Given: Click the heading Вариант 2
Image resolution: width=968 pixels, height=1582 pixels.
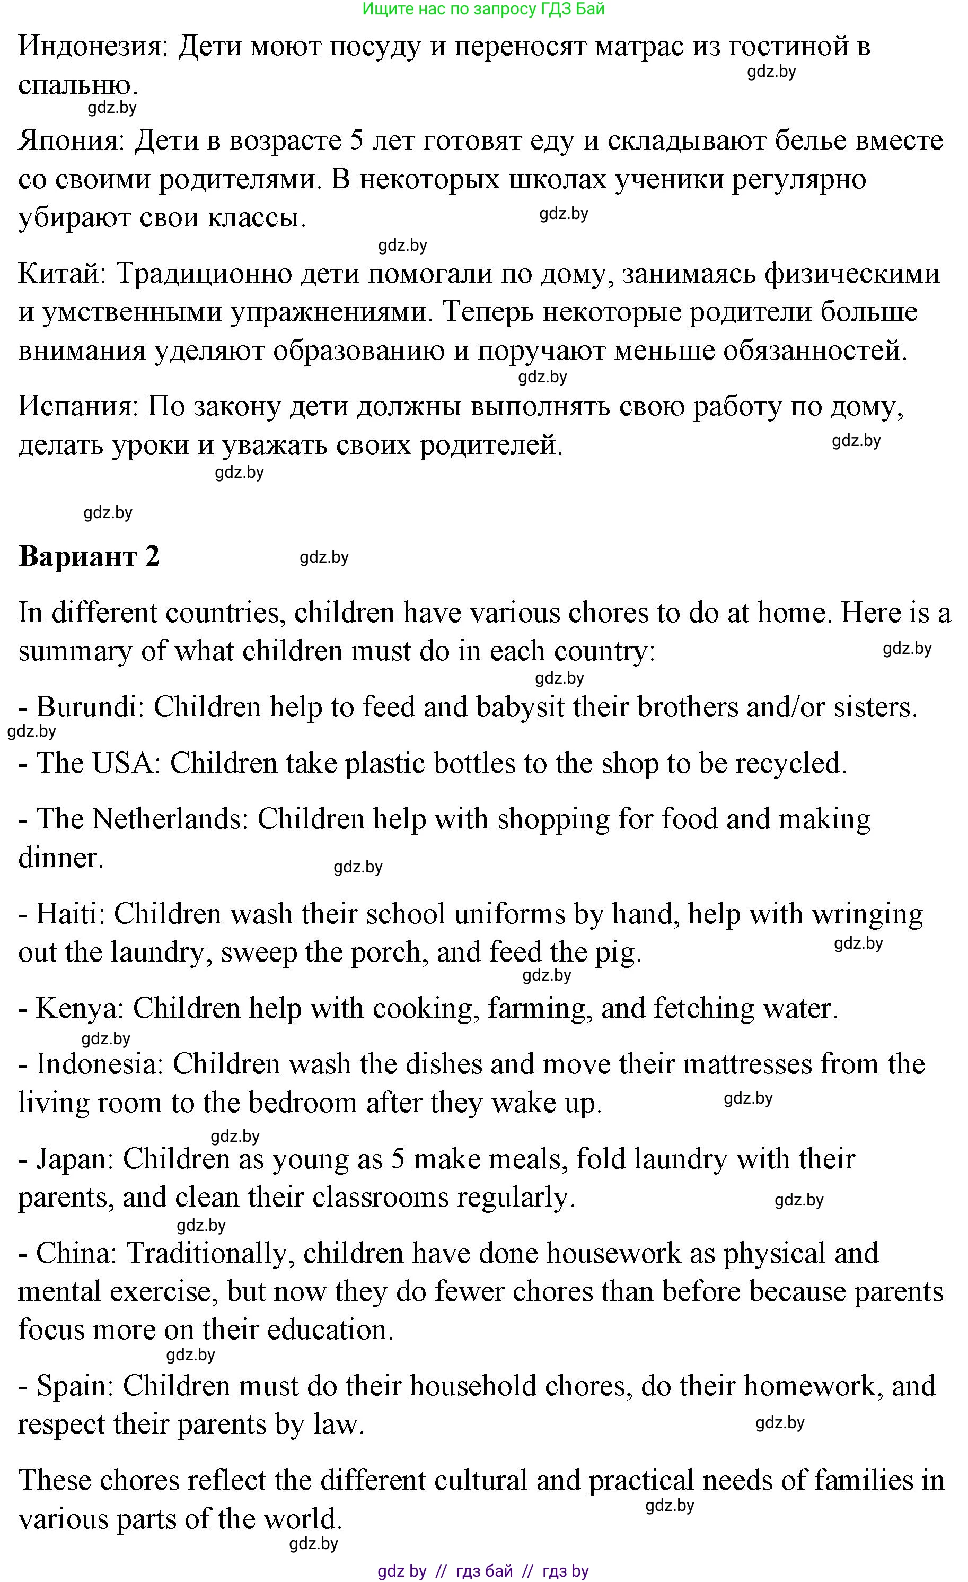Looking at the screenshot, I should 89,556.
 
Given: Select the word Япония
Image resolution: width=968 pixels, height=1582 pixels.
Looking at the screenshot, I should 71,141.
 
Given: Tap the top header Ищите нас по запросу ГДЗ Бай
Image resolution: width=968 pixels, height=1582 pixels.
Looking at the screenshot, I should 483,9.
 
